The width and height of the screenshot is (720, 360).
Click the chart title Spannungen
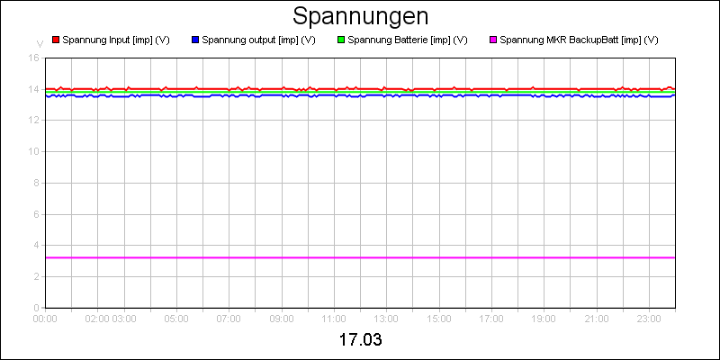pos(360,16)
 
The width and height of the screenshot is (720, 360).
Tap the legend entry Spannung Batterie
pos(407,40)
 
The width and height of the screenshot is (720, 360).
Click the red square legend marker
pos(56,40)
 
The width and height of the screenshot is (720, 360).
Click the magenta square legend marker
pos(493,40)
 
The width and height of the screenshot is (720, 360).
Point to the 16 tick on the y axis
pos(34,58)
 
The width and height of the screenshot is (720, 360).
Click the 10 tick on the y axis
pos(34,151)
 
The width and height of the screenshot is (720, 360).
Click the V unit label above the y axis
pos(39,43)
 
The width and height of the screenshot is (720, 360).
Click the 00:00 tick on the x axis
pos(45,318)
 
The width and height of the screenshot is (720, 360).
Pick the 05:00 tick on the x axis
pos(176,318)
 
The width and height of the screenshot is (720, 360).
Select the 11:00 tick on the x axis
pos(334,318)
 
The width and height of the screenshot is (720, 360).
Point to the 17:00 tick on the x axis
pos(491,318)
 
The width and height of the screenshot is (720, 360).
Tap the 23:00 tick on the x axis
pos(649,318)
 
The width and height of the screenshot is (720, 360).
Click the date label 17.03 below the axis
pos(360,341)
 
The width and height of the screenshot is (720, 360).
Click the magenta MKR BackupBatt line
pos(360,257)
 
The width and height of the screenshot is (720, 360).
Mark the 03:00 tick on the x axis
pos(125,318)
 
